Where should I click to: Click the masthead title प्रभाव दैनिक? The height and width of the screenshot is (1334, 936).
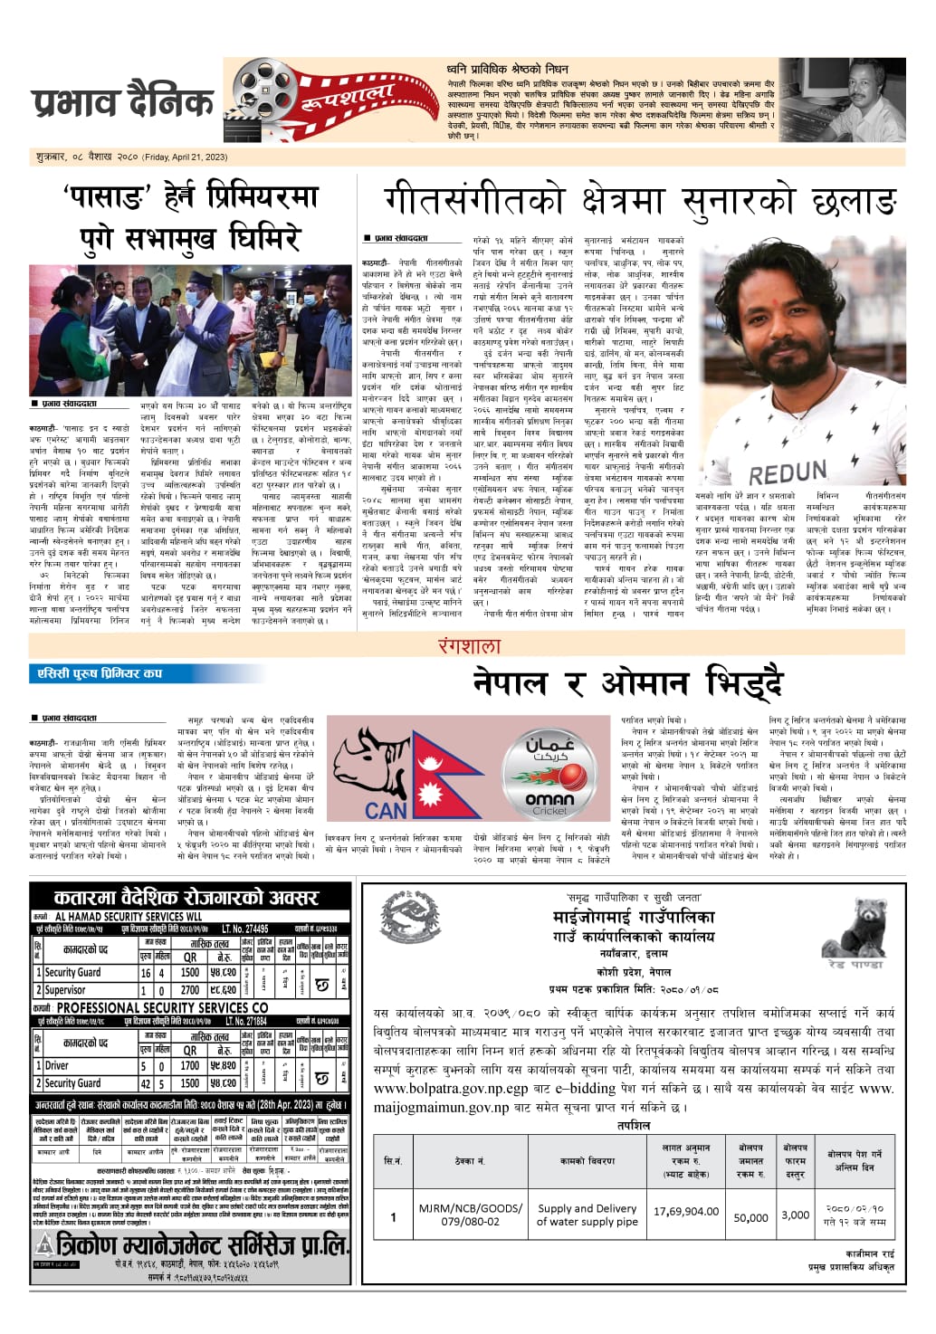tap(122, 102)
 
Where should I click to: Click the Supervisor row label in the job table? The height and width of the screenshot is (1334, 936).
tap(65, 990)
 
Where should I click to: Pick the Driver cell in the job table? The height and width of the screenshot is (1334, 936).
tap(57, 1066)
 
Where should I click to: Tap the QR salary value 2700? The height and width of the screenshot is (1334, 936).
tap(190, 990)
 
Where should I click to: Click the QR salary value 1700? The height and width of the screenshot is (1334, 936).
tap(190, 1066)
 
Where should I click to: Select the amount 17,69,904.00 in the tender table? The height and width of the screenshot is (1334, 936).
tap(686, 1212)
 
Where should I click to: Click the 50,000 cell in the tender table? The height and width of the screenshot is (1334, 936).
tap(750, 1217)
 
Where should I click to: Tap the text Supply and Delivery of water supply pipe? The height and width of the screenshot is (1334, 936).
tap(587, 1215)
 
